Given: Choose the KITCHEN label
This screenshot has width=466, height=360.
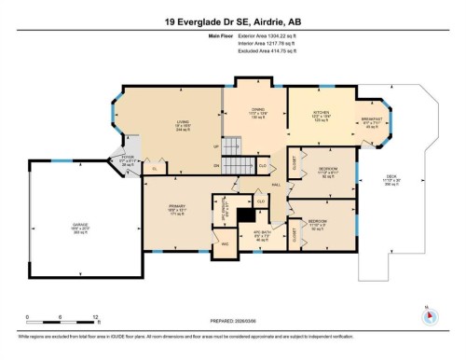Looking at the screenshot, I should [x=321, y=114].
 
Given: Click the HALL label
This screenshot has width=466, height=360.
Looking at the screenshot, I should [x=277, y=185].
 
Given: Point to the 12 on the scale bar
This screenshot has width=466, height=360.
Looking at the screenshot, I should [x=95, y=317].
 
